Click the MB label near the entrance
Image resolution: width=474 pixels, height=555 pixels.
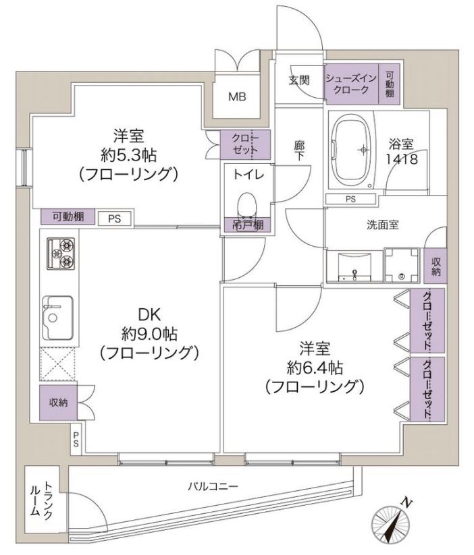tap(237, 96)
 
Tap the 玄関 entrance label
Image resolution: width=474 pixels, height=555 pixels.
tap(299, 80)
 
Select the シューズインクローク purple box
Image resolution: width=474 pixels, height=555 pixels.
tap(352, 84)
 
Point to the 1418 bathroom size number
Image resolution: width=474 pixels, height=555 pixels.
tap(402, 159)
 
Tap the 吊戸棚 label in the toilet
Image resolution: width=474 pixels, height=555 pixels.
tap(248, 225)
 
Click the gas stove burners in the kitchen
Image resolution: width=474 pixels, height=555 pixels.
tap(61, 254)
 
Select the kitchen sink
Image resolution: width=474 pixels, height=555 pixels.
tap(58, 318)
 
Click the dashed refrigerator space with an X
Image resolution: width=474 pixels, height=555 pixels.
tap(57, 364)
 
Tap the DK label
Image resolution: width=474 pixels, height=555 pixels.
tap(149, 314)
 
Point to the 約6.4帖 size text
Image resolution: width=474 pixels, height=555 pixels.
tap(315, 368)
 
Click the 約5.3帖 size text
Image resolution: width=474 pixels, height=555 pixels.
tap(129, 154)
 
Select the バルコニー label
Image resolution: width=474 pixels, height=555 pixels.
tap(213, 487)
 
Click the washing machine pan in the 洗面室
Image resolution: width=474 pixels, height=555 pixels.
tap(402, 265)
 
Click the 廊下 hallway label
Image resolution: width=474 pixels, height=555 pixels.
tap(299, 151)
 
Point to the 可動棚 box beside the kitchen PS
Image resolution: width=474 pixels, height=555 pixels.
tap(68, 216)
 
